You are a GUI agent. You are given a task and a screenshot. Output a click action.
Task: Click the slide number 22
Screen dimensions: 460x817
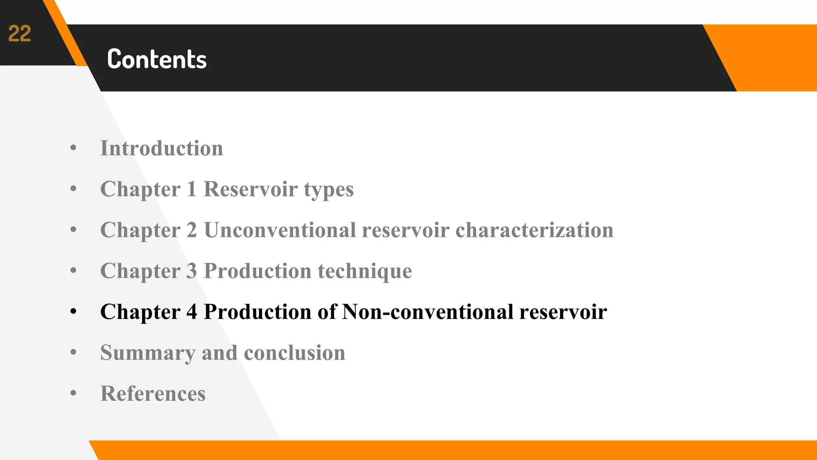pos(20,34)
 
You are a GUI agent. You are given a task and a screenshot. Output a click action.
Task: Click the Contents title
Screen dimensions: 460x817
pos(157,59)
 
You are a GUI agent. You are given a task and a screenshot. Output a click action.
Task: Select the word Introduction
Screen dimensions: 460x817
pos(162,149)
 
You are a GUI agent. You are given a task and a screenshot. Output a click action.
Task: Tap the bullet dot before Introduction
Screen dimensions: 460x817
pos(73,148)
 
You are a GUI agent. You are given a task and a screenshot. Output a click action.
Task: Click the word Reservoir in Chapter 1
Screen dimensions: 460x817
pos(251,189)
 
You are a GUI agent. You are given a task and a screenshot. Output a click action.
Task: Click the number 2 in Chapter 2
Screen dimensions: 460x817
pos(192,230)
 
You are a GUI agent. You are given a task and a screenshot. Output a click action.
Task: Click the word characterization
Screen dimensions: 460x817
pos(535,230)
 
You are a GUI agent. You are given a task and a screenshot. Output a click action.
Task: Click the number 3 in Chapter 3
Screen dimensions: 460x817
pos(192,271)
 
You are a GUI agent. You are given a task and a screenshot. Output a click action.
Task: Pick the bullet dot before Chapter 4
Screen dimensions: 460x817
pos(73,311)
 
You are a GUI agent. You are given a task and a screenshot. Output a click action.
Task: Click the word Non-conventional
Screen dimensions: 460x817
pos(428,312)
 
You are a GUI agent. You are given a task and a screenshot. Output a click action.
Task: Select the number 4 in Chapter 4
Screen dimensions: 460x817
pos(192,312)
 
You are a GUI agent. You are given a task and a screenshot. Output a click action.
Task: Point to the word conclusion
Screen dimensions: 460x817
pos(294,353)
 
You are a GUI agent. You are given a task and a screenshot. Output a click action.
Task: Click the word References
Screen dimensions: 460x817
pos(153,394)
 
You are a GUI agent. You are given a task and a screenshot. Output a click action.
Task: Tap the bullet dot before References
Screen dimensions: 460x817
pos(73,393)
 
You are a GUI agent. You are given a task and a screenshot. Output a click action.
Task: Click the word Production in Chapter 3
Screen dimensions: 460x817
pos(257,271)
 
